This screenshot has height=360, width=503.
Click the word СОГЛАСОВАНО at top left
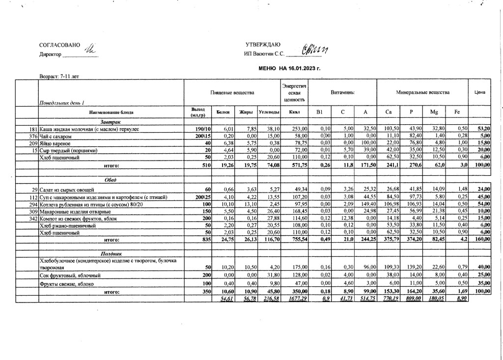[x=59, y=45]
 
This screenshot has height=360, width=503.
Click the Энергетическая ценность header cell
[x=294, y=92]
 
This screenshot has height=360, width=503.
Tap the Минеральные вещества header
[x=422, y=92]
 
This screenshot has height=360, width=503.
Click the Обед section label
[x=111, y=180]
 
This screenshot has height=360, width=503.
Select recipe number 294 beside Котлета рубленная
[x=33, y=204]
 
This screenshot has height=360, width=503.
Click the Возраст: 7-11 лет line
[x=59, y=77]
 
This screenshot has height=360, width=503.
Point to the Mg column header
[x=434, y=112]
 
